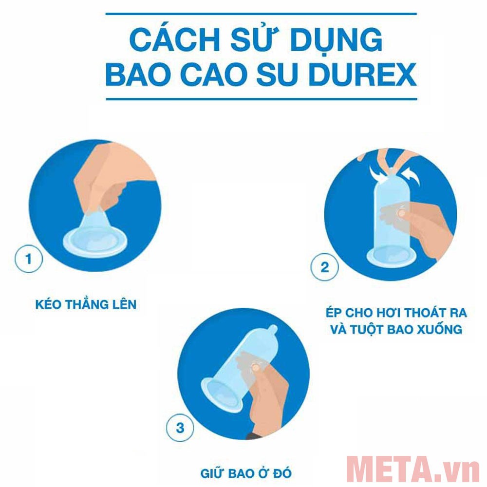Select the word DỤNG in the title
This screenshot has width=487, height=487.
click(x=332, y=41)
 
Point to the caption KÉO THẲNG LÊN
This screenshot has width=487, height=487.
click(x=86, y=305)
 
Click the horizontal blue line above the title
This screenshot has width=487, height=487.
click(x=261, y=14)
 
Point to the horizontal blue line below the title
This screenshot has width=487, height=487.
click(x=261, y=99)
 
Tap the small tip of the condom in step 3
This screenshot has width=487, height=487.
click(x=273, y=329)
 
